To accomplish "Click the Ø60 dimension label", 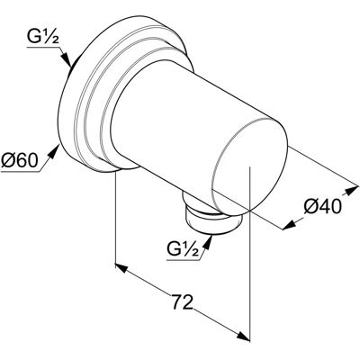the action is click(20, 161).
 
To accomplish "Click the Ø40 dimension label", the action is click(323, 207).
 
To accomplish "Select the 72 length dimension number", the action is click(182, 302).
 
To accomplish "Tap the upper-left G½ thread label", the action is click(43, 37).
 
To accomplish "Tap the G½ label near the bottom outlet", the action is click(183, 248).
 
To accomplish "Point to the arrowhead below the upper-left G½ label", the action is click(67, 59).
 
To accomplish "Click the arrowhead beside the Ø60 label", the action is click(53, 151).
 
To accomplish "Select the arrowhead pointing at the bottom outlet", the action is click(208, 242).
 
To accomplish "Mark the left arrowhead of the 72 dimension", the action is click(121, 267).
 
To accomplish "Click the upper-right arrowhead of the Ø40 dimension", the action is click(352, 191).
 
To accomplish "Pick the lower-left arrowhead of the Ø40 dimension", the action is click(289, 225).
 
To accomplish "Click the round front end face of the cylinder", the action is click(249, 167).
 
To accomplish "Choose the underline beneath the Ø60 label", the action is click(20, 172).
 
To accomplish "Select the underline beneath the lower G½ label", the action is click(183, 260).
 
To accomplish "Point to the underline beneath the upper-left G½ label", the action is click(44, 48).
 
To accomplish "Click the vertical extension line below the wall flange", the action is click(116, 218).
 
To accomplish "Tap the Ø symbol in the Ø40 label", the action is click(310, 207).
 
